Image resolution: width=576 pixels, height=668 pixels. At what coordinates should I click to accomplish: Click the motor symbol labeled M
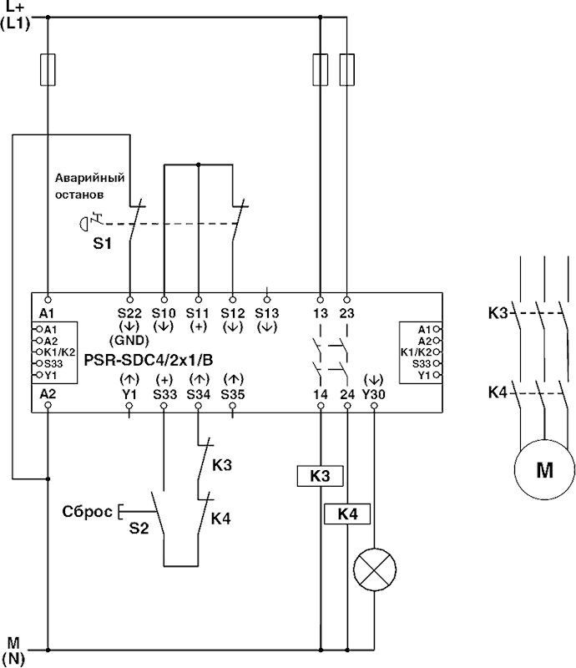(543, 470)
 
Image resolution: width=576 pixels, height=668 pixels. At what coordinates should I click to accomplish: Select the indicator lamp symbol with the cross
(373, 570)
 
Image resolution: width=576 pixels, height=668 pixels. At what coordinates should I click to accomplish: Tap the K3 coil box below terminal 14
(321, 476)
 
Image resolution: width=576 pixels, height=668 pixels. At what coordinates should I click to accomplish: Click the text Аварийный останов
(89, 185)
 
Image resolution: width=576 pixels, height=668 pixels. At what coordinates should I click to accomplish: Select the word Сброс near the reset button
(87, 510)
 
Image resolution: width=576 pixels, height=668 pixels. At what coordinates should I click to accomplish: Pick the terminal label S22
(130, 312)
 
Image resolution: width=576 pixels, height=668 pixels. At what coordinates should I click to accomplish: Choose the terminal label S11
(199, 312)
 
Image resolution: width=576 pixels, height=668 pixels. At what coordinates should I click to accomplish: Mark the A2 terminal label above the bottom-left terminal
(48, 392)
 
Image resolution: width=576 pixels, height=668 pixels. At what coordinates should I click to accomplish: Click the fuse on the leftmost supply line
(48, 70)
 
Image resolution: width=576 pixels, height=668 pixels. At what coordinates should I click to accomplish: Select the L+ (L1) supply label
(17, 16)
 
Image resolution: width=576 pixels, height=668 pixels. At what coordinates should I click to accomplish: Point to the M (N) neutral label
(14, 649)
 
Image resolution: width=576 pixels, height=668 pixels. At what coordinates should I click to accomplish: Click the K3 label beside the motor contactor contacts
(498, 315)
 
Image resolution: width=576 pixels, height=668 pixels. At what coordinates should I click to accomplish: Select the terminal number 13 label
(321, 312)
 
